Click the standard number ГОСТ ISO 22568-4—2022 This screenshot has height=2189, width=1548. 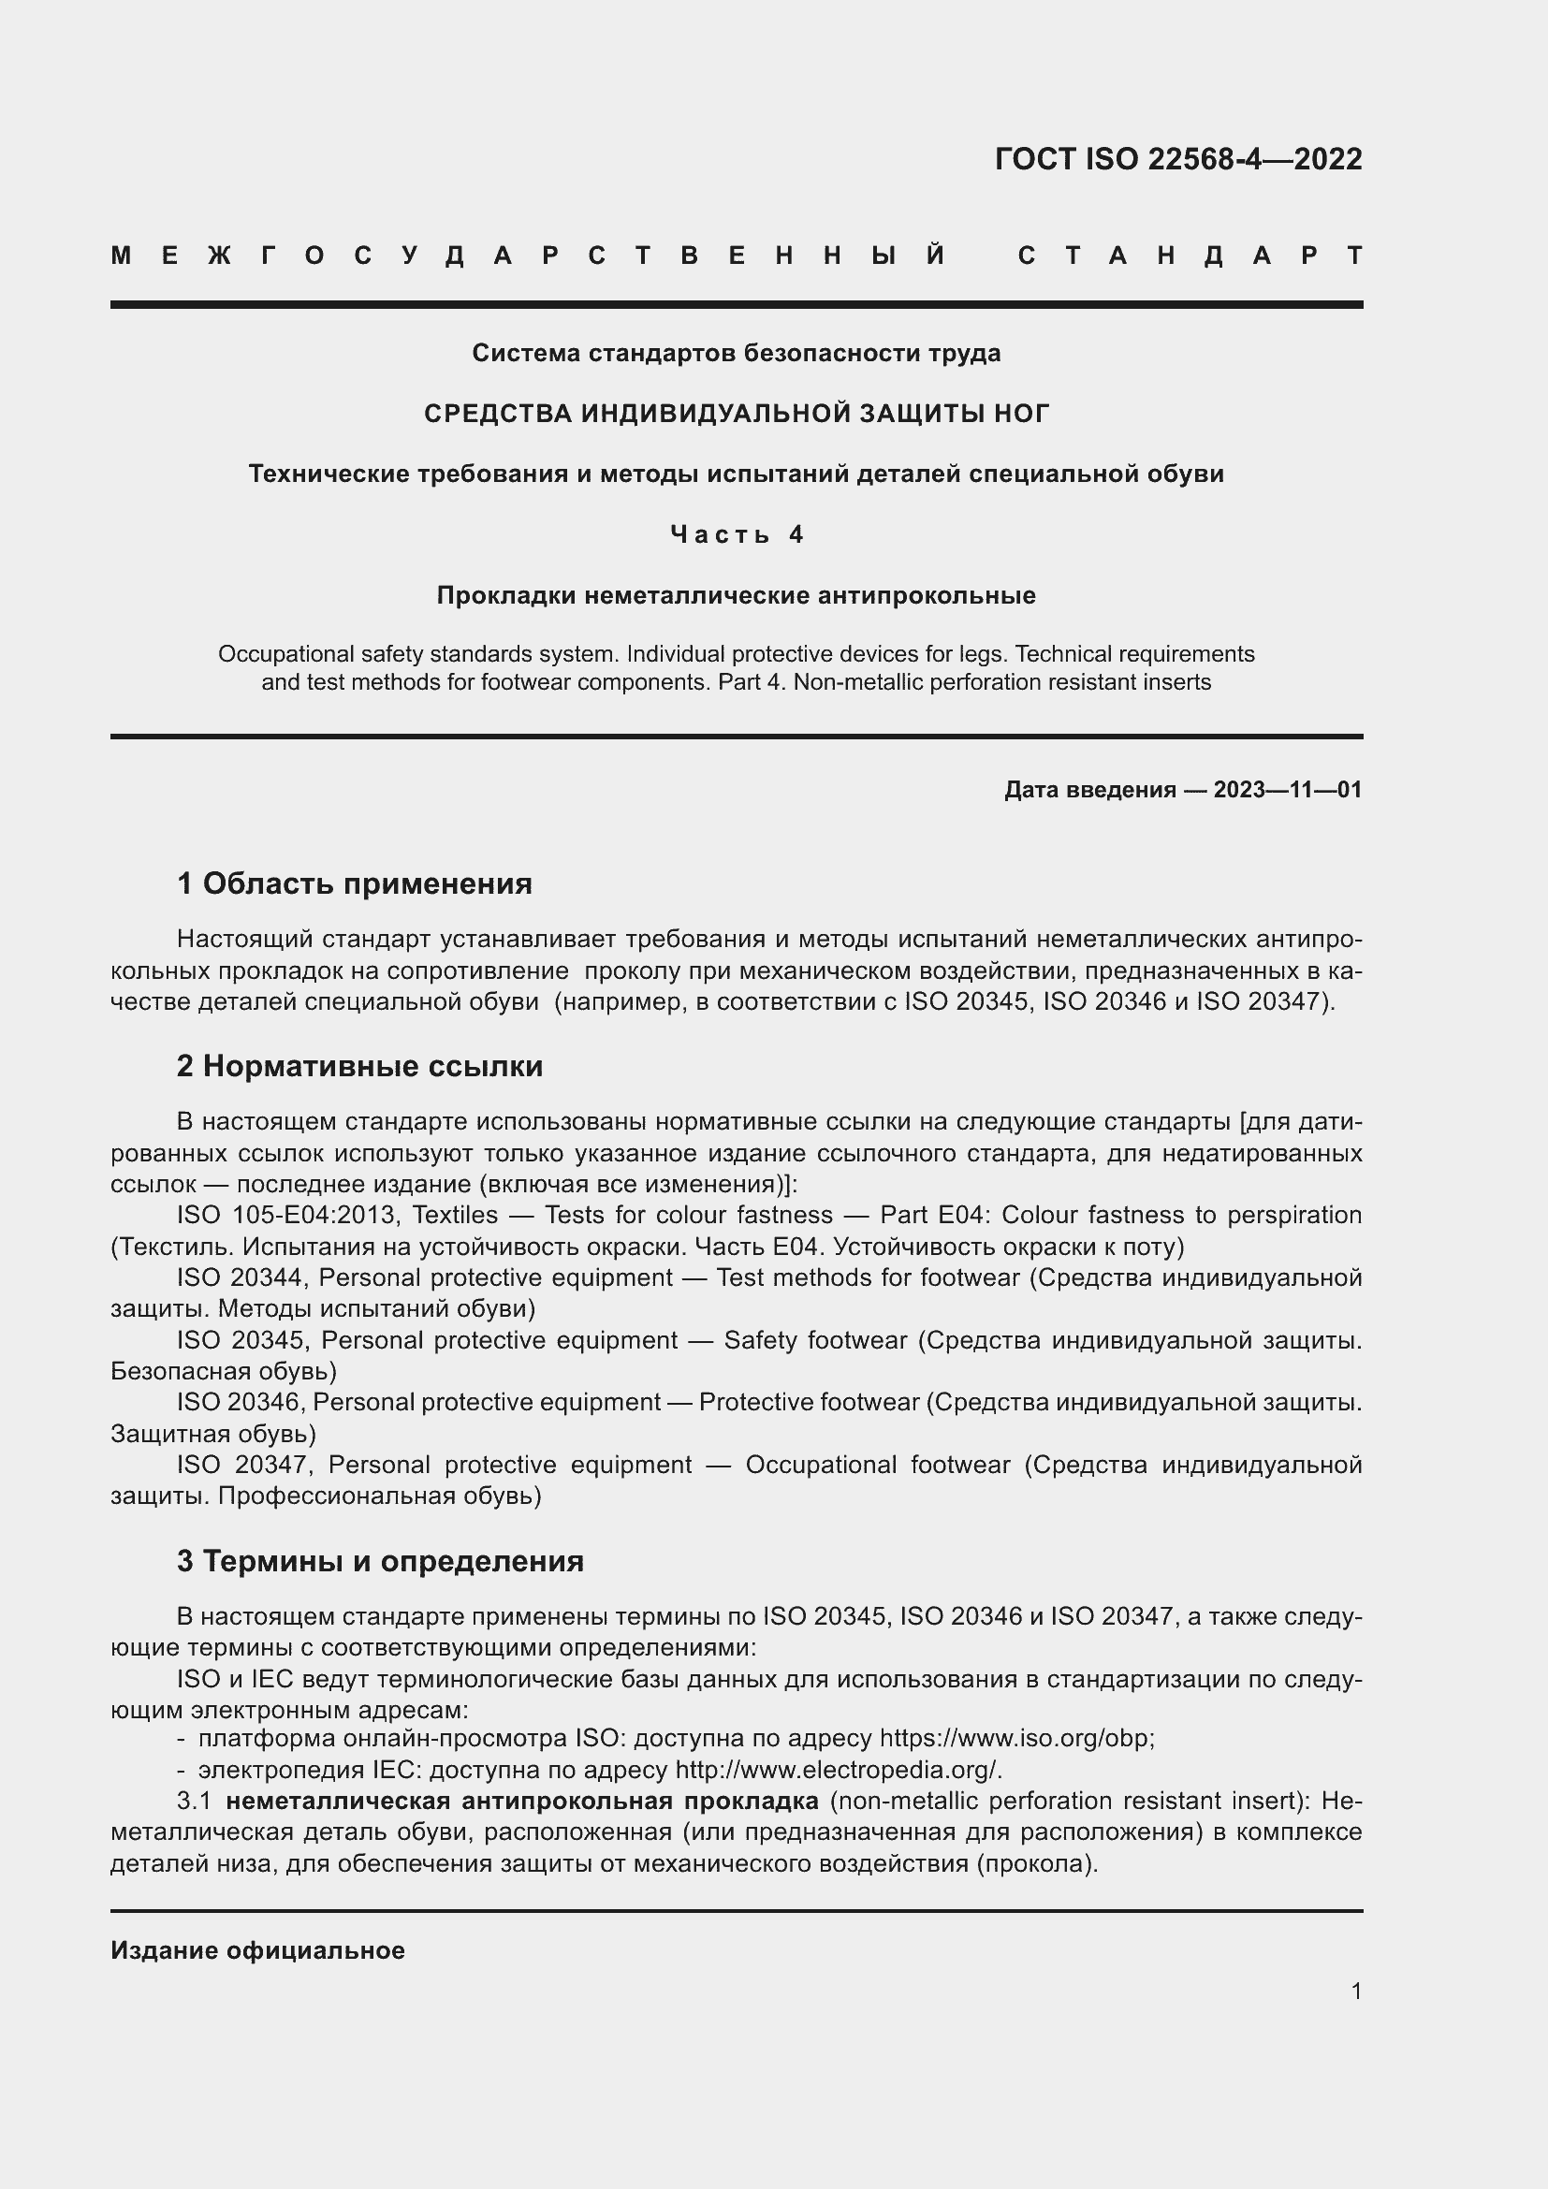[x=1178, y=159]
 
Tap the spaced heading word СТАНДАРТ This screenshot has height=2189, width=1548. [x=1190, y=255]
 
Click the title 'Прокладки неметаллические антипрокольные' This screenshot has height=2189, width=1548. [x=736, y=596]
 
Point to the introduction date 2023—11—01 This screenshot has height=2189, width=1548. [x=1288, y=790]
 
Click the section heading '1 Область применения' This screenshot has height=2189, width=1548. [x=355, y=883]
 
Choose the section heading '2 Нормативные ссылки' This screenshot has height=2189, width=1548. [x=359, y=1066]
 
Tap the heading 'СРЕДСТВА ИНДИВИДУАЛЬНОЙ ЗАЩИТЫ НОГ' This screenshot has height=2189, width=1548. [x=736, y=414]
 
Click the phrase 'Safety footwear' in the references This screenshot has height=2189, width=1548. [x=815, y=1340]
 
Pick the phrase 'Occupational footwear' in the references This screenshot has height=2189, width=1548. [x=877, y=1465]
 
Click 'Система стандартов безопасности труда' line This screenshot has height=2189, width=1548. [x=736, y=354]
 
